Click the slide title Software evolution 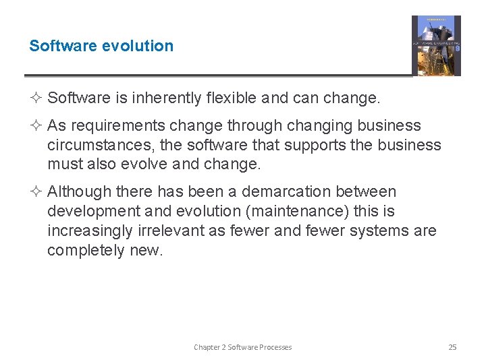coord(101,46)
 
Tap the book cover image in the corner coord(436,46)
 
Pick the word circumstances coord(95,146)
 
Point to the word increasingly coord(88,231)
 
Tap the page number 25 coord(452,347)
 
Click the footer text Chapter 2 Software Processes coord(243,347)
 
